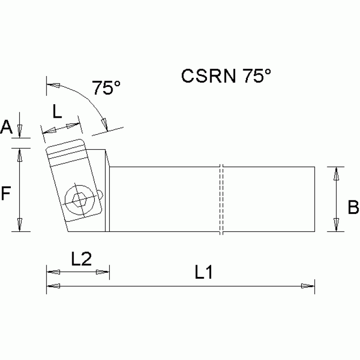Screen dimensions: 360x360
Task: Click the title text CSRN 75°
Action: point(226,76)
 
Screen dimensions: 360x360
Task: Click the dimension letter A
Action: point(7,127)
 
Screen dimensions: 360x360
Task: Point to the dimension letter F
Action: point(6,193)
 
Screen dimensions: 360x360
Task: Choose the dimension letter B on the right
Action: point(353,207)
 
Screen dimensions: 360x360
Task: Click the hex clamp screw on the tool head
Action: point(79,200)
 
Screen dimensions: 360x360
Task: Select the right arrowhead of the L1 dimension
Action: point(308,285)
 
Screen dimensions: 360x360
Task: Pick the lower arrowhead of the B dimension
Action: point(336,224)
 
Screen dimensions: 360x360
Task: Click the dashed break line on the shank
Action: point(222,199)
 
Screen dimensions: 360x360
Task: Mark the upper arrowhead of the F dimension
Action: point(20,155)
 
